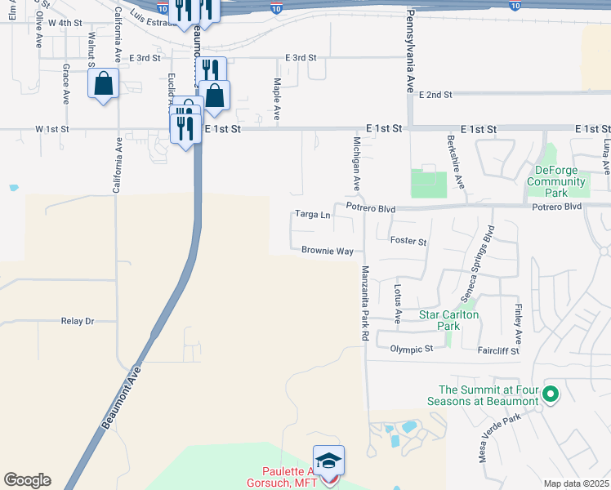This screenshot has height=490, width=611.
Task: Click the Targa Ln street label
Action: pyautogui.click(x=313, y=216)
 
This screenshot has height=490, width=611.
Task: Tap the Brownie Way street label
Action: pyautogui.click(x=327, y=251)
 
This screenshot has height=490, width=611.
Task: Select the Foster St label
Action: pyautogui.click(x=408, y=242)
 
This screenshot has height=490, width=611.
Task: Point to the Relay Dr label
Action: pyautogui.click(x=78, y=321)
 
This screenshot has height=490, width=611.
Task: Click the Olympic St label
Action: pyautogui.click(x=411, y=349)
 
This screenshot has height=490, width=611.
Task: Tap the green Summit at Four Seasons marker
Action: pyautogui.click(x=551, y=395)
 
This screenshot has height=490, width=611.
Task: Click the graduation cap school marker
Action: pyautogui.click(x=328, y=461)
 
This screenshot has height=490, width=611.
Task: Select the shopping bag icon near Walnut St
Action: pyautogui.click(x=104, y=82)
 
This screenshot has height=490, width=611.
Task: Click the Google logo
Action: pyautogui.click(x=27, y=480)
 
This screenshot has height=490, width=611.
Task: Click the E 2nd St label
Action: pyautogui.click(x=435, y=95)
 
